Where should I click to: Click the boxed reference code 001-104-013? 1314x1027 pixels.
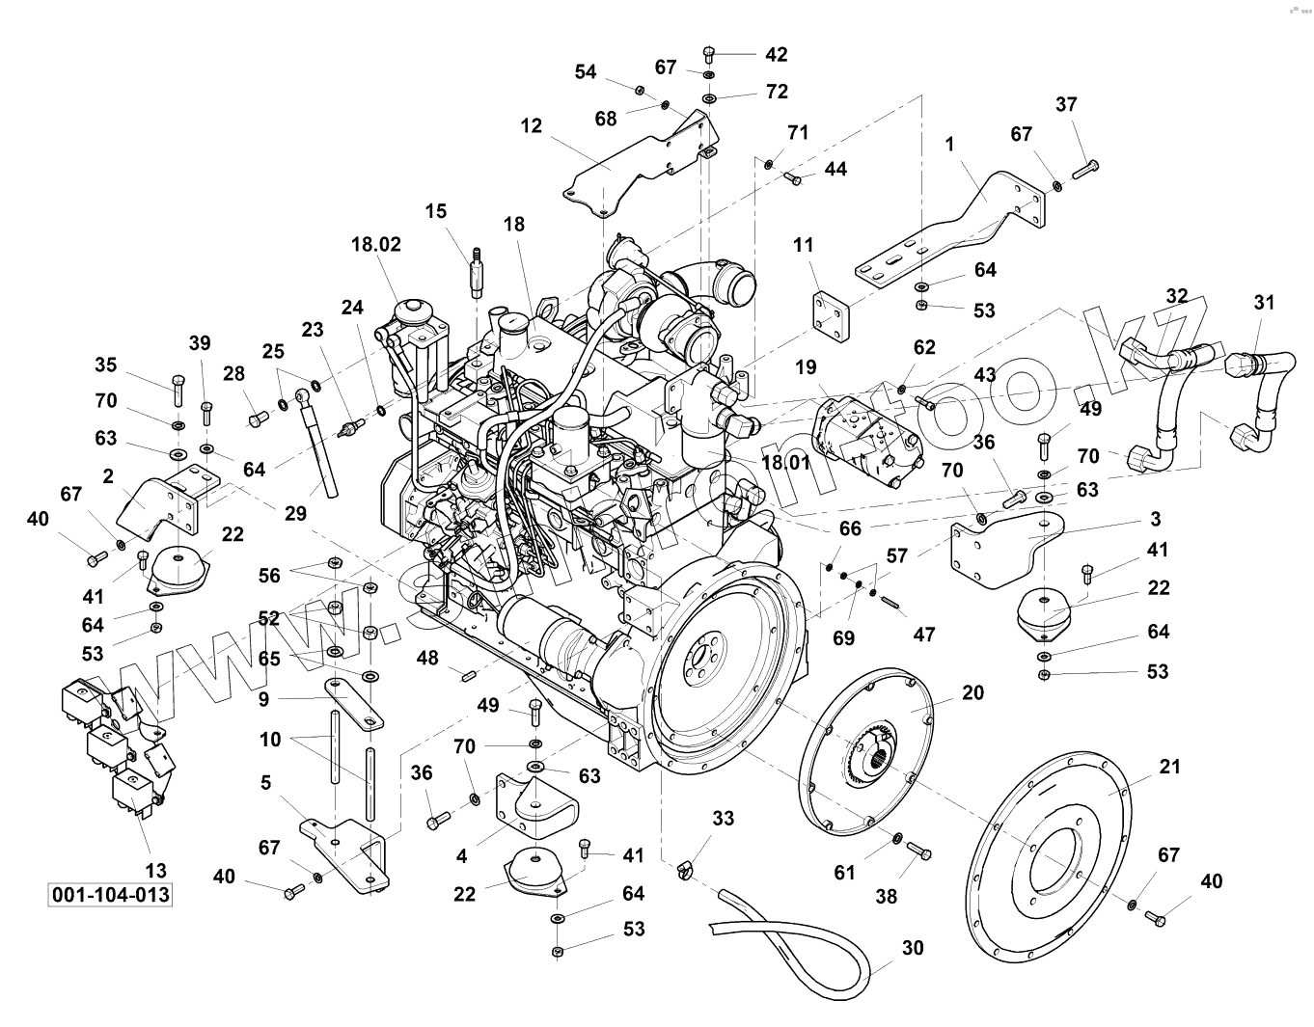110,895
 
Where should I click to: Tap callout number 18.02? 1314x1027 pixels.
375,244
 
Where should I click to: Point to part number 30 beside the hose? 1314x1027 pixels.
912,948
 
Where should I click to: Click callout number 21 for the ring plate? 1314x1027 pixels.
1169,768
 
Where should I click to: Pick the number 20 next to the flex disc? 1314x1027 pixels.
972,692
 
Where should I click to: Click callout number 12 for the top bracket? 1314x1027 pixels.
531,125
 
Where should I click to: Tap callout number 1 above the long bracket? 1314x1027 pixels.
950,144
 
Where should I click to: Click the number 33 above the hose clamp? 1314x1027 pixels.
723,818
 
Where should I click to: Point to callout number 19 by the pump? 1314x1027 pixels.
806,367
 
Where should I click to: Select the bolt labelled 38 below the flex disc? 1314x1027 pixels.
920,851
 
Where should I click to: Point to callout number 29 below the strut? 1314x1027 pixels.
295,513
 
